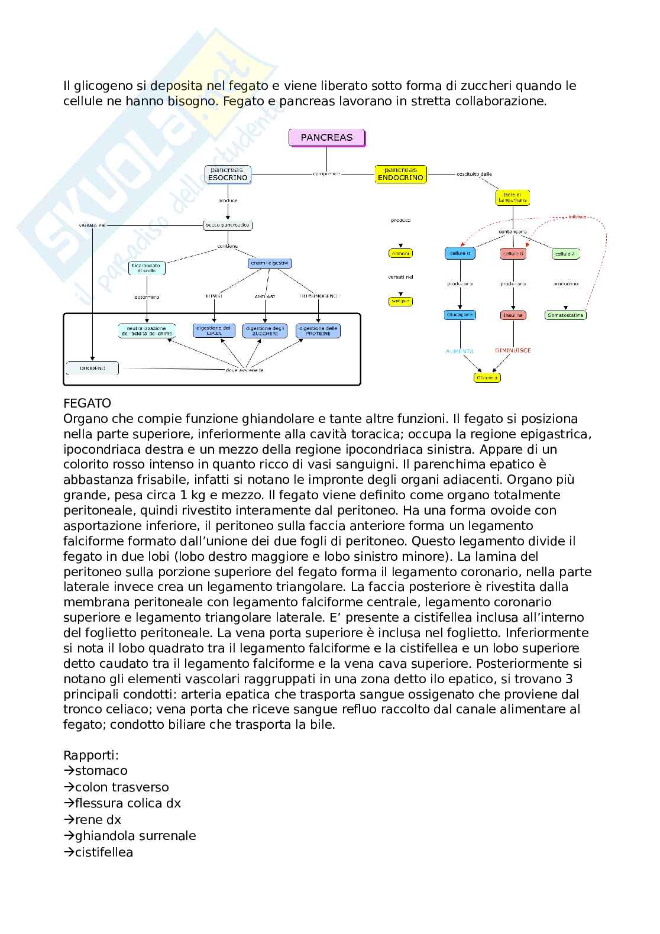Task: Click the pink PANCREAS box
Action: [326, 137]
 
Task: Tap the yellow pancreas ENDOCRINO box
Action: [400, 174]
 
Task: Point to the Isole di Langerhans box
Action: [512, 198]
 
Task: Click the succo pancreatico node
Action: [228, 225]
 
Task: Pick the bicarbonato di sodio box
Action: [147, 268]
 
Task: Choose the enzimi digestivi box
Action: [270, 263]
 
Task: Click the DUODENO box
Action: [92, 368]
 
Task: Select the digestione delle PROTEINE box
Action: [318, 331]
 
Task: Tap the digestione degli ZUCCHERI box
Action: [265, 331]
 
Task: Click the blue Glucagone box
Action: [460, 315]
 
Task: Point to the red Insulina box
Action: [513, 315]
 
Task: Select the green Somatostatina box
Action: [565, 315]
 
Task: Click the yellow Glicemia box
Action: [487, 377]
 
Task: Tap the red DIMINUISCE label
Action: [513, 350]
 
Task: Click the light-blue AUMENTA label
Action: [460, 351]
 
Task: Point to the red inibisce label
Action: [577, 217]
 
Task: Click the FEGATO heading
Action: [87, 403]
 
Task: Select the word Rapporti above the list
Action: [91, 755]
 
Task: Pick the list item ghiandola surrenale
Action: [135, 836]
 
